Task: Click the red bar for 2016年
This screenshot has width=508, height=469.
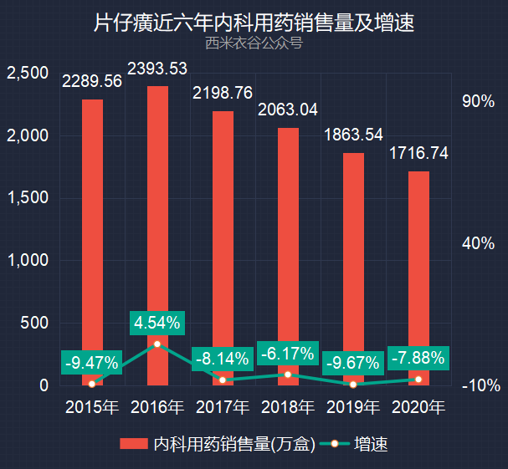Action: [x=157, y=236]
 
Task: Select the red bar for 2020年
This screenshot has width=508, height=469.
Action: [x=418, y=278]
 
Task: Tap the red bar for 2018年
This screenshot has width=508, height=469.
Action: [x=288, y=257]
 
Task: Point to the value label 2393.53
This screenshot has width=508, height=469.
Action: [x=157, y=69]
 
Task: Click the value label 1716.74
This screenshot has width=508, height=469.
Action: [x=418, y=153]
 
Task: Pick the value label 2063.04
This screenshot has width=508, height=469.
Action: [x=288, y=110]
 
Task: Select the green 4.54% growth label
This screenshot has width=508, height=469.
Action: [x=157, y=323]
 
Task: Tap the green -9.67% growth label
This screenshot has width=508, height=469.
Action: [x=353, y=363]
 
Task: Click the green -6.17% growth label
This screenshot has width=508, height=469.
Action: [x=288, y=353]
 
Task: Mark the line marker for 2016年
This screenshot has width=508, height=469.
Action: [x=157, y=344]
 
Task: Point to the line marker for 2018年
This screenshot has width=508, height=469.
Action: [x=288, y=375]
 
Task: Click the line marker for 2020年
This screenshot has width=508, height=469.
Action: [x=418, y=380]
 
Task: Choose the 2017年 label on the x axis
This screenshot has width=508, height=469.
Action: [x=223, y=407]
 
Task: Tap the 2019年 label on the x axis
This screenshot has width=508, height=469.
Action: [x=353, y=407]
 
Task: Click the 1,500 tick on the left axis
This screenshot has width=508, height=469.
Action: [x=28, y=197]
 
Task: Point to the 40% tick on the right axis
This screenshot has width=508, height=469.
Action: [x=478, y=243]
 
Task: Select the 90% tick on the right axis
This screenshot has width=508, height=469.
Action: [x=478, y=101]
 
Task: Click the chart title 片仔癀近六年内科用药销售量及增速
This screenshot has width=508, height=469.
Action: [x=254, y=23]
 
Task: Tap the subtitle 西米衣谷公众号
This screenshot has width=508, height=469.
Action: [x=254, y=43]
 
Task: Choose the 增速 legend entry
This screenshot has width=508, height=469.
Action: [x=354, y=443]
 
